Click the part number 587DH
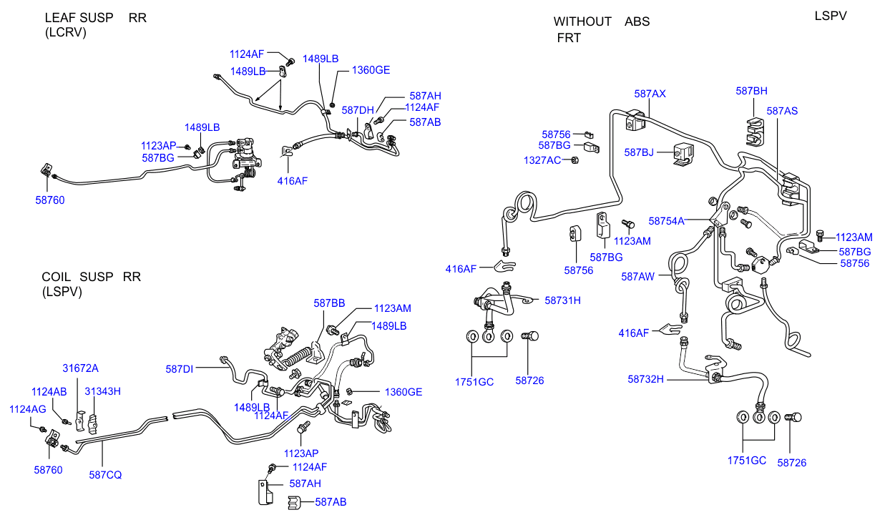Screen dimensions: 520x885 (358, 110)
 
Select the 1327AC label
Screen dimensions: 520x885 (542, 160)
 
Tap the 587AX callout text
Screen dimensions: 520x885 (650, 94)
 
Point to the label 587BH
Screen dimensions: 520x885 (751, 91)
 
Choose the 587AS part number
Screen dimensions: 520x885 (782, 111)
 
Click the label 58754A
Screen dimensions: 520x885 (666, 221)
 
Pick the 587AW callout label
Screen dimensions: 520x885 (637, 276)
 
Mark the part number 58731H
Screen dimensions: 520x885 (562, 300)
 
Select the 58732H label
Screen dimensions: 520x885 (646, 379)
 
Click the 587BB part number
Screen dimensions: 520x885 (329, 303)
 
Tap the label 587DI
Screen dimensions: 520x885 (180, 369)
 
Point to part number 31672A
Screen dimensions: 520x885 (80, 368)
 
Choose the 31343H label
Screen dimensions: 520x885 (102, 391)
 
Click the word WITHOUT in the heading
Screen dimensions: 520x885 (582, 21)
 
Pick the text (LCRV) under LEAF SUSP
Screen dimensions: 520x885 (65, 32)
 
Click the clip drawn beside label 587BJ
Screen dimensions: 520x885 (683, 154)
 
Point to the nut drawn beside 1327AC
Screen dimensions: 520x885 (574, 160)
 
